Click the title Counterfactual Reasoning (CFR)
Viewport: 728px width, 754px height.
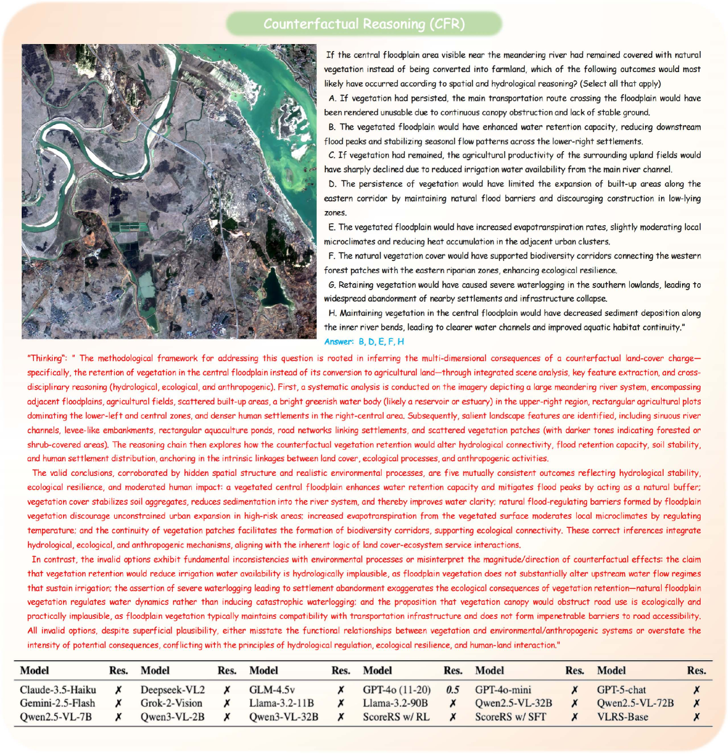(364, 24)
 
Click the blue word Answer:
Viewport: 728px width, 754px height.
(339, 342)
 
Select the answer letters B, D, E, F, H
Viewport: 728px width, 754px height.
(382, 342)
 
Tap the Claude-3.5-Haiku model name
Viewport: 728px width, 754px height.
(58, 690)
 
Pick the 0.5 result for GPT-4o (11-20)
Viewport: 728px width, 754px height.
(453, 690)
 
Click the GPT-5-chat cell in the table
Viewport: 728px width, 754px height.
(622, 690)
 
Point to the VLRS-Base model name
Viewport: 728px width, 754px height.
(622, 716)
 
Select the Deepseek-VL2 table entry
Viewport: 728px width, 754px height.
(173, 690)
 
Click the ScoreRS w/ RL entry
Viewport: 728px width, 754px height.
(396, 716)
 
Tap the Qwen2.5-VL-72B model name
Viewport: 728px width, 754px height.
(635, 703)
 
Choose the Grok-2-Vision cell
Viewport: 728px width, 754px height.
(171, 703)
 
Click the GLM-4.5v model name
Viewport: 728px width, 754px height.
(272, 690)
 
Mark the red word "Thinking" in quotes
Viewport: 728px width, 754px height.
(46, 358)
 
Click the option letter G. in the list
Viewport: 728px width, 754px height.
(332, 285)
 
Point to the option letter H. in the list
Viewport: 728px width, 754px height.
(333, 313)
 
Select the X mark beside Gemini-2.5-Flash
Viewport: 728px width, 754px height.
(118, 703)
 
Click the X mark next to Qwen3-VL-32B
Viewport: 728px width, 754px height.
(341, 716)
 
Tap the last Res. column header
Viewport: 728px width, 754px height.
(696, 670)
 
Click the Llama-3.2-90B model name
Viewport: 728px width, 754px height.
(395, 703)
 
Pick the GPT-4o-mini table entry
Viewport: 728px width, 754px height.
(503, 690)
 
